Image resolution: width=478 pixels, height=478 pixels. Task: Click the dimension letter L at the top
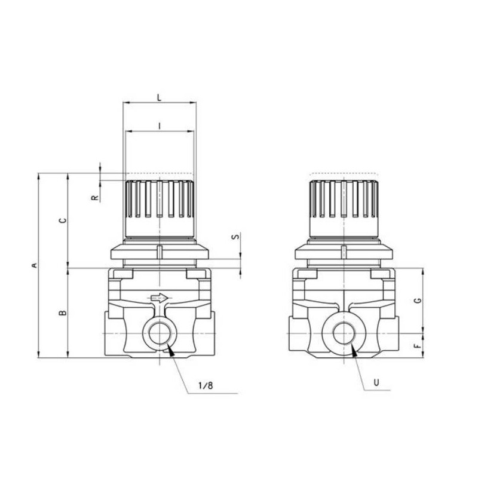coord(158,96)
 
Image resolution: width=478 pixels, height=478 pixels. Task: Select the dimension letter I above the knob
coord(159,125)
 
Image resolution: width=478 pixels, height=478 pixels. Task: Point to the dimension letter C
coord(63,220)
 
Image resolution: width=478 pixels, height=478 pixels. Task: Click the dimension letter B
coord(63,312)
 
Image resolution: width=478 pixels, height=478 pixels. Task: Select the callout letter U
coord(375,382)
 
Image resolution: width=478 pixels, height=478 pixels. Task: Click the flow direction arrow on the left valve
coord(160,297)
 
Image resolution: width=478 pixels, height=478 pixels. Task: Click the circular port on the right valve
coord(344,333)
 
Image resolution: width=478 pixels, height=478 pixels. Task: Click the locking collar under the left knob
coord(159,251)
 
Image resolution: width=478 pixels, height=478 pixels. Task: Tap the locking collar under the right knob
coord(344,251)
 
